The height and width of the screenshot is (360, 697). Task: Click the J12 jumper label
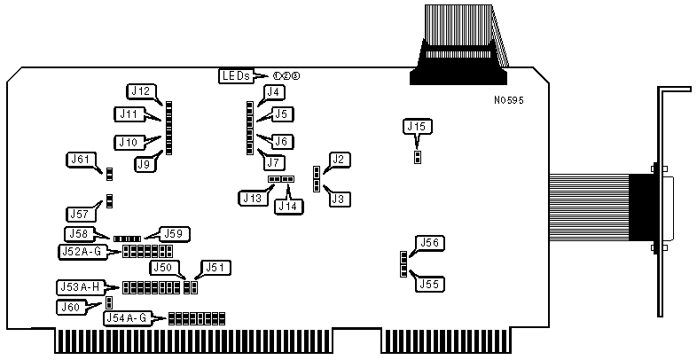coord(141,90)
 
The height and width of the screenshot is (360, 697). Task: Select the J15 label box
coord(418,127)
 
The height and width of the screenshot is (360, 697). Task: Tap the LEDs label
coord(236,76)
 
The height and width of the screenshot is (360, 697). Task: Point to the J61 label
coord(81,160)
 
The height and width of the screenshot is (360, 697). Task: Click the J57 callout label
coord(81,214)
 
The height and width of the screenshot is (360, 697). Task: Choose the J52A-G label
coord(82,252)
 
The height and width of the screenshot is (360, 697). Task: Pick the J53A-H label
coord(79,286)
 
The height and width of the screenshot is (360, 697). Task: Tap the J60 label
coord(70,307)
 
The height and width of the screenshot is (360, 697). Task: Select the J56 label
coord(431,243)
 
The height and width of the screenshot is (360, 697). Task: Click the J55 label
coord(431,284)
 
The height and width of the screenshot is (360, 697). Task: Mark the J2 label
coord(338,160)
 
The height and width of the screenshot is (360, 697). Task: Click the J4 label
coord(274,92)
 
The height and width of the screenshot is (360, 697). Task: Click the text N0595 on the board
coord(509,101)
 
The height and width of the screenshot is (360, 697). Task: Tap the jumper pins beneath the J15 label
coord(418,157)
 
